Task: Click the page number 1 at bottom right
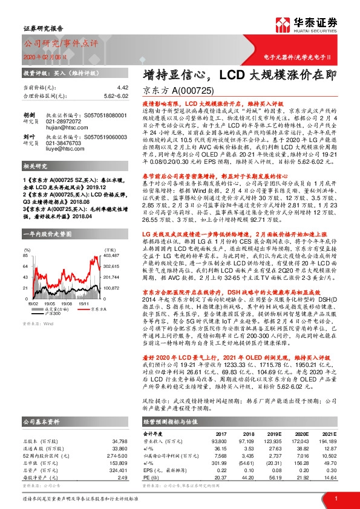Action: pyautogui.click(x=336, y=498)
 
